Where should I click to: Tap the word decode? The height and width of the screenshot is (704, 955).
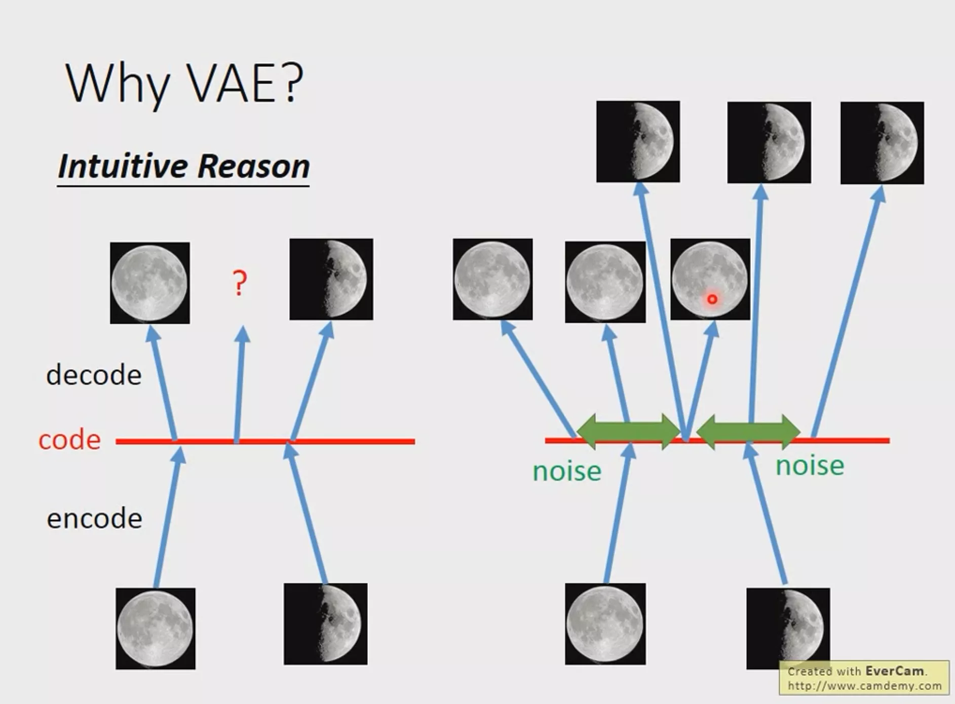coord(94,375)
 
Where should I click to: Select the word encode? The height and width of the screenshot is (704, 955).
coord(94,518)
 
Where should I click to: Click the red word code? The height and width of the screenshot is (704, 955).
coord(69,440)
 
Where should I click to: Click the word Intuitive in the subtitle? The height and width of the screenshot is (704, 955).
coord(123,166)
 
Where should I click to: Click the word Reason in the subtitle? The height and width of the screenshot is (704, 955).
coord(253,166)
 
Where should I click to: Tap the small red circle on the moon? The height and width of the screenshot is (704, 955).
coord(712,299)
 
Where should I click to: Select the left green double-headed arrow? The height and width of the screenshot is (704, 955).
coord(629,432)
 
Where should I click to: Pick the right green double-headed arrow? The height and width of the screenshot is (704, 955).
coord(749,432)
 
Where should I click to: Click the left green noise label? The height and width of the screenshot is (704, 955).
coord(567,471)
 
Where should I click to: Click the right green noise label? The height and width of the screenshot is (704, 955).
coord(810,465)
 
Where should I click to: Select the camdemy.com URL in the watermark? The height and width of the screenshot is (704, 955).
coord(864,686)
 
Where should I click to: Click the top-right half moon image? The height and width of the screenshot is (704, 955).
coord(882,143)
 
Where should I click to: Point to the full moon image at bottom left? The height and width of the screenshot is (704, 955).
coord(156,629)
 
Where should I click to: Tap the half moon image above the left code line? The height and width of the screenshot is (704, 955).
coord(331,279)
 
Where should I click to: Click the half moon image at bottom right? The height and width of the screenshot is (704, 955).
coord(788,629)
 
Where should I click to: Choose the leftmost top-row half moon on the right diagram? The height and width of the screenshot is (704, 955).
coord(638,141)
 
